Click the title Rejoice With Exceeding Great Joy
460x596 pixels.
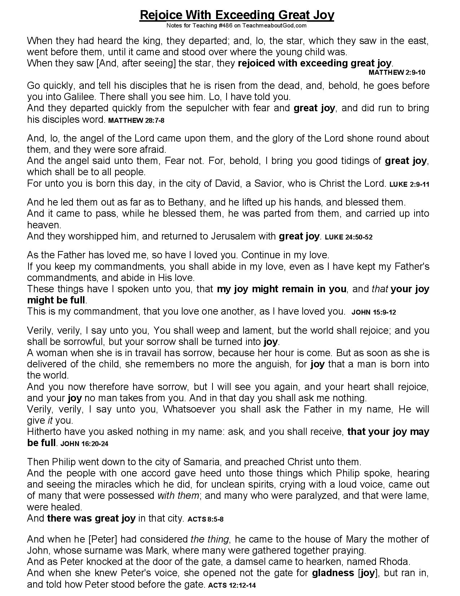237,15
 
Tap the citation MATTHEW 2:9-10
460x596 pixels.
397,73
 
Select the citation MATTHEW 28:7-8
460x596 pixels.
136,121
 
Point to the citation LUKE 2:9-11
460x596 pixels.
409,185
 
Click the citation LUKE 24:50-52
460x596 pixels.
349,238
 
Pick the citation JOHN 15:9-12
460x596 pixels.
373,312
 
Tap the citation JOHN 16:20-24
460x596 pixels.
84,444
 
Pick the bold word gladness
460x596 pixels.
333,573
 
